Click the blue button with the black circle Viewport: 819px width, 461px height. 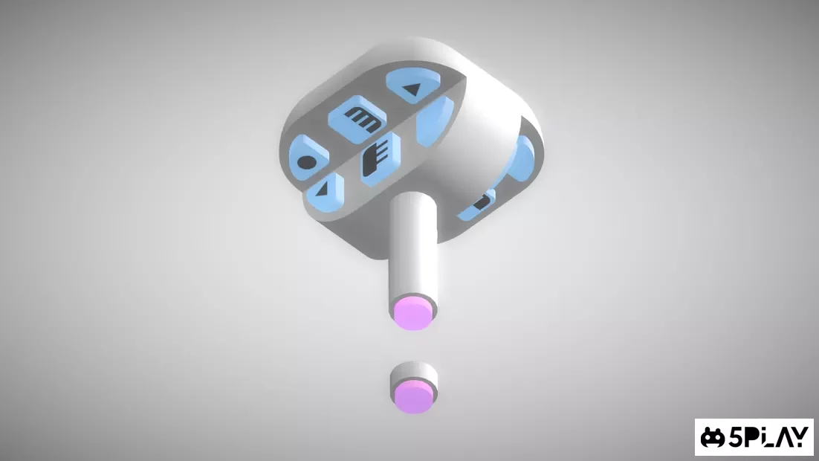point(308,157)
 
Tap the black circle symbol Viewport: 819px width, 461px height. point(307,162)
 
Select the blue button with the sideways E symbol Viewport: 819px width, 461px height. point(357,119)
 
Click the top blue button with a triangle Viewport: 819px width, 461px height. point(413,86)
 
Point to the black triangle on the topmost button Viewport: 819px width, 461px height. point(413,89)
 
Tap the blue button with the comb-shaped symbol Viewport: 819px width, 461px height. point(381,158)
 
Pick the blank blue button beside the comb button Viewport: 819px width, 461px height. point(435,121)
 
